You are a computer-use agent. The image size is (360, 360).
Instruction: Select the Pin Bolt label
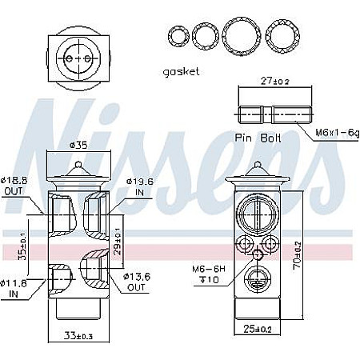(x=258, y=137)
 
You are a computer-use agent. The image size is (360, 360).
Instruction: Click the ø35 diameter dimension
(x=78, y=145)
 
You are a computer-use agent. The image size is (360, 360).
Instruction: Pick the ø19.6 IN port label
(x=136, y=186)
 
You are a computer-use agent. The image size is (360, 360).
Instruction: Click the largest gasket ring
(x=241, y=36)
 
